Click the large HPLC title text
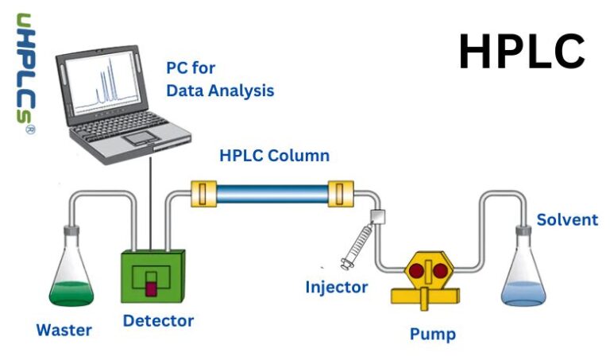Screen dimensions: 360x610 522,52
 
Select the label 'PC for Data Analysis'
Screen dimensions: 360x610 220,79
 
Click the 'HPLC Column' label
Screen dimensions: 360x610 274,156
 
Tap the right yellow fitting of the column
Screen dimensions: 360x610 340,192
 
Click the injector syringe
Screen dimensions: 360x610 357,246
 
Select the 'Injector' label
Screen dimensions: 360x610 337,287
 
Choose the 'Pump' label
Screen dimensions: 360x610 433,334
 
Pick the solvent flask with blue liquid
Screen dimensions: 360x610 523,274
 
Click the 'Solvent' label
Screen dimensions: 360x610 567,219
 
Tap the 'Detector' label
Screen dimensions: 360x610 158,321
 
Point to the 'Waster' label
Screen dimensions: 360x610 64,330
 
